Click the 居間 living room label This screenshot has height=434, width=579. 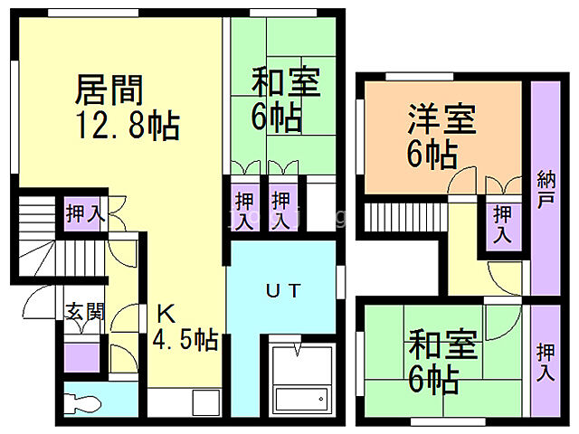104,88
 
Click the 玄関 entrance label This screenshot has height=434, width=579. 85,312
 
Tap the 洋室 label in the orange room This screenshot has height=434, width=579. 441,120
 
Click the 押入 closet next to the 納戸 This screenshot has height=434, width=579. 501,223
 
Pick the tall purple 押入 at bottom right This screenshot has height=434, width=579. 545,362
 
